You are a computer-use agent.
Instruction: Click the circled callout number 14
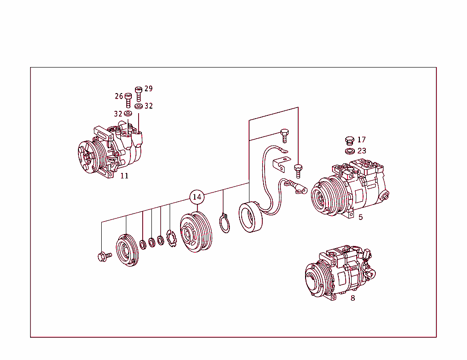[x=197, y=197]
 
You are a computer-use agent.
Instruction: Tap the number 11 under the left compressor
[x=124, y=176]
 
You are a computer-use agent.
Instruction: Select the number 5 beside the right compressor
[x=360, y=217]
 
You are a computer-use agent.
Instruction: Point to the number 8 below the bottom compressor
[x=353, y=298]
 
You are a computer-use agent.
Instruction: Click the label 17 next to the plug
[x=361, y=140]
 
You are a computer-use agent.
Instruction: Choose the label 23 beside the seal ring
[x=361, y=151]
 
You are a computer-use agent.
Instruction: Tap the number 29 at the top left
[x=148, y=89]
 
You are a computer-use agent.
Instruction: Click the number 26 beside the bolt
[x=119, y=96]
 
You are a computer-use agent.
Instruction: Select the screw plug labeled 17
[x=350, y=140]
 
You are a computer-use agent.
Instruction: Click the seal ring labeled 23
[x=350, y=151]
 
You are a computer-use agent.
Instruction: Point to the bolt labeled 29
[x=139, y=94]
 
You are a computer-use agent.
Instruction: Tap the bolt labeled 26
[x=128, y=100]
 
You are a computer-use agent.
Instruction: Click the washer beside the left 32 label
[x=128, y=114]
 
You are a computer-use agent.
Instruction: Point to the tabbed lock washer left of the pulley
[x=171, y=240]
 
